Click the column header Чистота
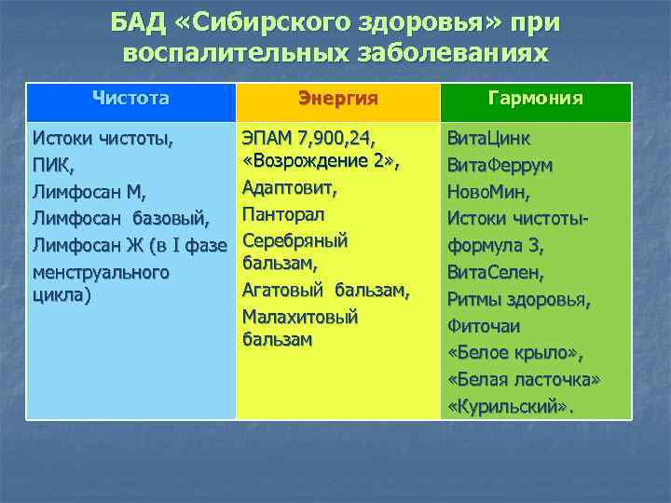tap(130, 97)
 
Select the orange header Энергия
tap(336, 98)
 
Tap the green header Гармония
tap(536, 98)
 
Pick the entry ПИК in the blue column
tap(51, 167)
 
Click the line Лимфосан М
tap(89, 194)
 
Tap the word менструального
tap(101, 273)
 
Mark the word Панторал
tap(283, 215)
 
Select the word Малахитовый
tap(300, 317)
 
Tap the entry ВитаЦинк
tap(489, 140)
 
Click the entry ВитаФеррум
tap(500, 167)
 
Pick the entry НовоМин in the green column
tap(489, 194)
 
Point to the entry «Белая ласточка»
tap(524, 381)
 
